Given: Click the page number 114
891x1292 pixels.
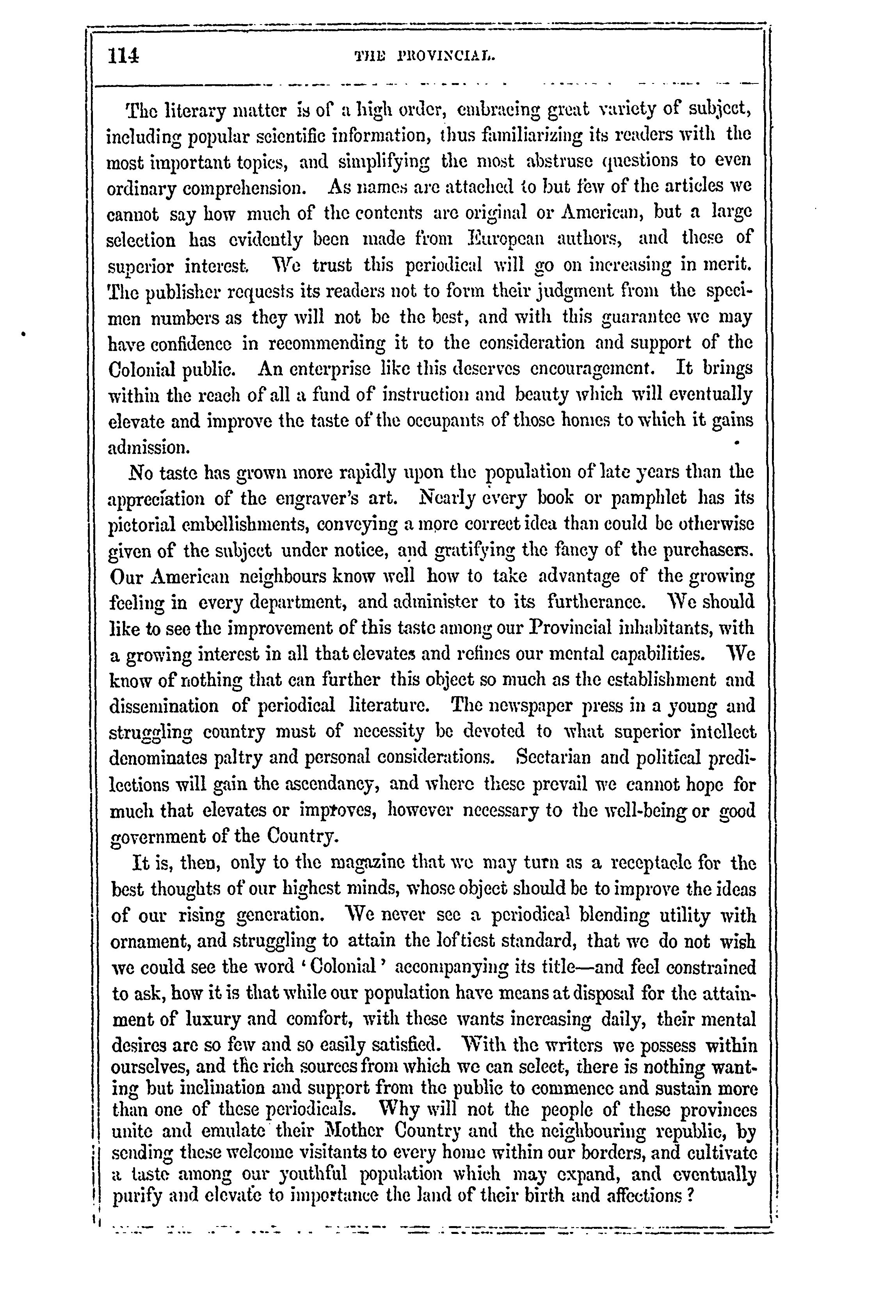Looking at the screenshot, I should coord(123,56).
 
